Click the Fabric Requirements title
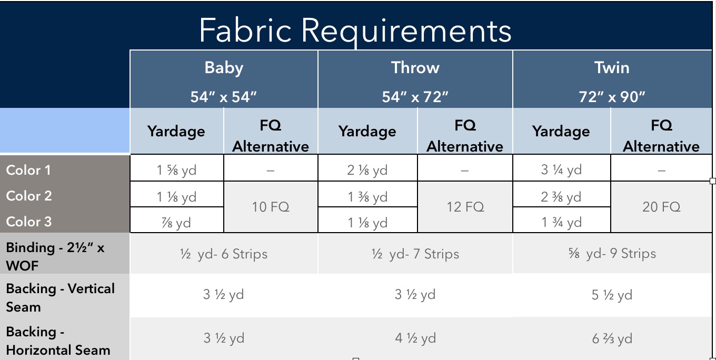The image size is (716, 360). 355,31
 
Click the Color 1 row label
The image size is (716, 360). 28,170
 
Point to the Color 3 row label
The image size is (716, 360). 29,222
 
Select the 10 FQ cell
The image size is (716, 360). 271,207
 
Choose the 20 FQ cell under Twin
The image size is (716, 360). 661,207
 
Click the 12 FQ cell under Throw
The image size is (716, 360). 465,207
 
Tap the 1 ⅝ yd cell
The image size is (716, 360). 176,170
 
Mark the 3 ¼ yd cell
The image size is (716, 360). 561,169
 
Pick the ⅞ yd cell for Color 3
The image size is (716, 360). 176,222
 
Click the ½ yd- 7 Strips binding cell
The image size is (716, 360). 415,254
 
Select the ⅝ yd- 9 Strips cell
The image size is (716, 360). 612,253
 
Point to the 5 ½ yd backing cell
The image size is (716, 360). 612,295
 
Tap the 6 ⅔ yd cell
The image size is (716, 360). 612,338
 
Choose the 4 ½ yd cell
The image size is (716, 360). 415,338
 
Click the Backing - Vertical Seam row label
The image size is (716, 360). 61,298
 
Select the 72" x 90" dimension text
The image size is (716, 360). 612,97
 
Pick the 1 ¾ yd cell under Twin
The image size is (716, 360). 561,222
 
